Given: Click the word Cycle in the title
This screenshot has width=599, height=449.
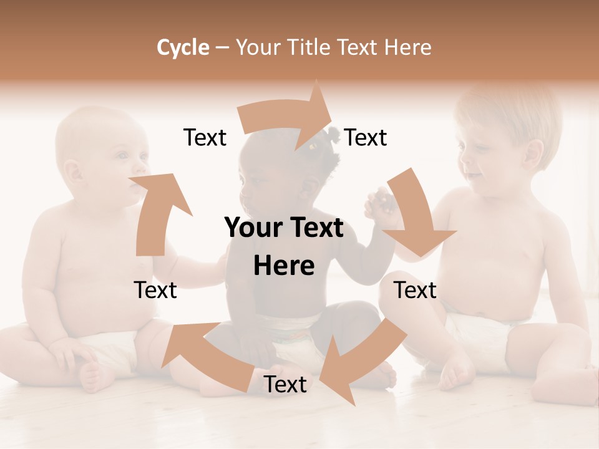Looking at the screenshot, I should tap(183, 47).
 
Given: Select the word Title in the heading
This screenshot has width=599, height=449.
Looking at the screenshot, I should tap(311, 47).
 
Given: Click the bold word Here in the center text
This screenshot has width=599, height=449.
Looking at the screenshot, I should tap(284, 266).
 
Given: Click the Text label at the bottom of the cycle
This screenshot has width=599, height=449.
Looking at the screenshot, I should tap(285, 385).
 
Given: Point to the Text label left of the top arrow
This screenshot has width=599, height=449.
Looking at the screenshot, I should tap(205, 138).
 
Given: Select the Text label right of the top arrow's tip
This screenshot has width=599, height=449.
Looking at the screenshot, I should tap(366, 138).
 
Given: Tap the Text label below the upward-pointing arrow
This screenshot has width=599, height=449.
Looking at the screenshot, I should tap(155, 290).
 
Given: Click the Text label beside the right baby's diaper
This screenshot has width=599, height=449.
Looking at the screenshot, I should tap(416, 290).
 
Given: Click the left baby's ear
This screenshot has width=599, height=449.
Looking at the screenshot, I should tap(74, 171).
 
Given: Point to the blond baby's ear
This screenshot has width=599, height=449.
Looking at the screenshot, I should tap(533, 152).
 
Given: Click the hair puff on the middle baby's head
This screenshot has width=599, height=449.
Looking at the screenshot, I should tap(332, 134).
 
